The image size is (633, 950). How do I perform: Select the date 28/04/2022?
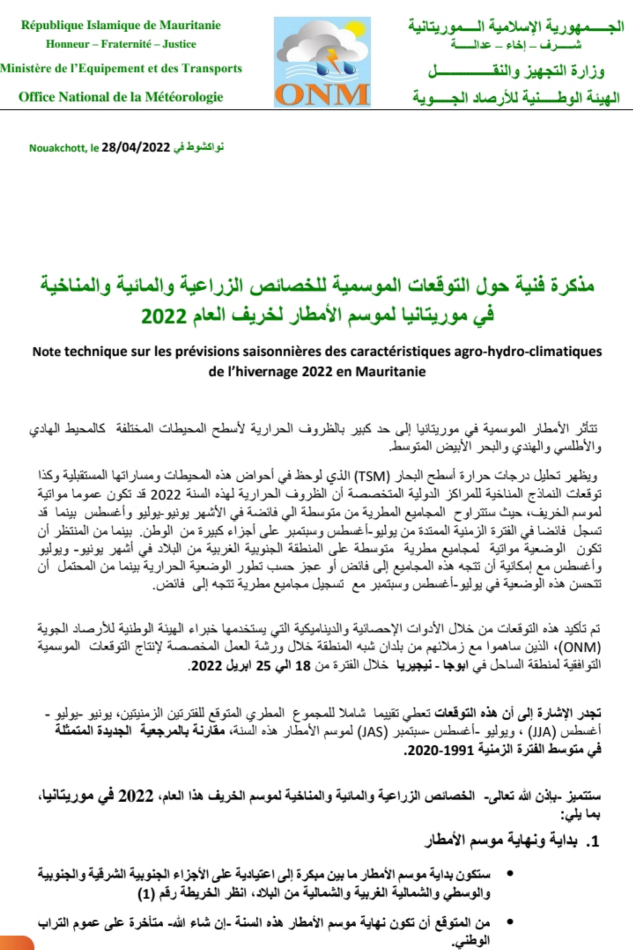135,148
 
